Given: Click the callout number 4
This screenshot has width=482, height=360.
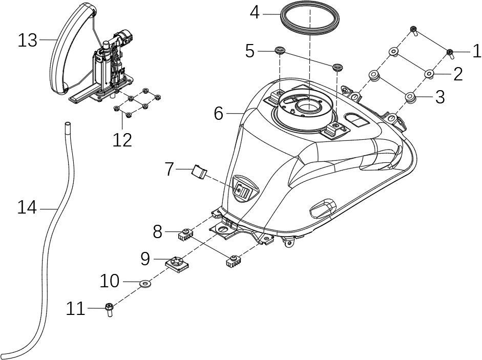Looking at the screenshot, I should (255, 12).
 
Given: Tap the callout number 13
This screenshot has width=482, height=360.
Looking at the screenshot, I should (28, 40).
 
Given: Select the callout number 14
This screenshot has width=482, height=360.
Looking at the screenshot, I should (27, 208).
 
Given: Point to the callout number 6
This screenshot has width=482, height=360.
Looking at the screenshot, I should (219, 113).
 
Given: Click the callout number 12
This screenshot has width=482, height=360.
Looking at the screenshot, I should (122, 139).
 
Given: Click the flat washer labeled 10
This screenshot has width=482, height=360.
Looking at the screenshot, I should (146, 282).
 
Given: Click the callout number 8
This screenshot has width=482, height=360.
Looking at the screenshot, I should (158, 232).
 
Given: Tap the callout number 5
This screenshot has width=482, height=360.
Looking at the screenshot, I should (250, 51).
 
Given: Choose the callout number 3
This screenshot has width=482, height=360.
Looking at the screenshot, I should (440, 97).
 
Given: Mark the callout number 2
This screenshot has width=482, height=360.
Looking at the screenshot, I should (457, 75).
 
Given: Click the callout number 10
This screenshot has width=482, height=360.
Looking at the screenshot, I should (110, 281).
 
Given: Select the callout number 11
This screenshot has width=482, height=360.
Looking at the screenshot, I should (76, 309).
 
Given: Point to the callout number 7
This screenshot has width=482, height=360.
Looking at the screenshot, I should (170, 169).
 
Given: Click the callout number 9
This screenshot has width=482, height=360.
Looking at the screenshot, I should (145, 259).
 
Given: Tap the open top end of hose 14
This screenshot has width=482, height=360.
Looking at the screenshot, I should (66, 124).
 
